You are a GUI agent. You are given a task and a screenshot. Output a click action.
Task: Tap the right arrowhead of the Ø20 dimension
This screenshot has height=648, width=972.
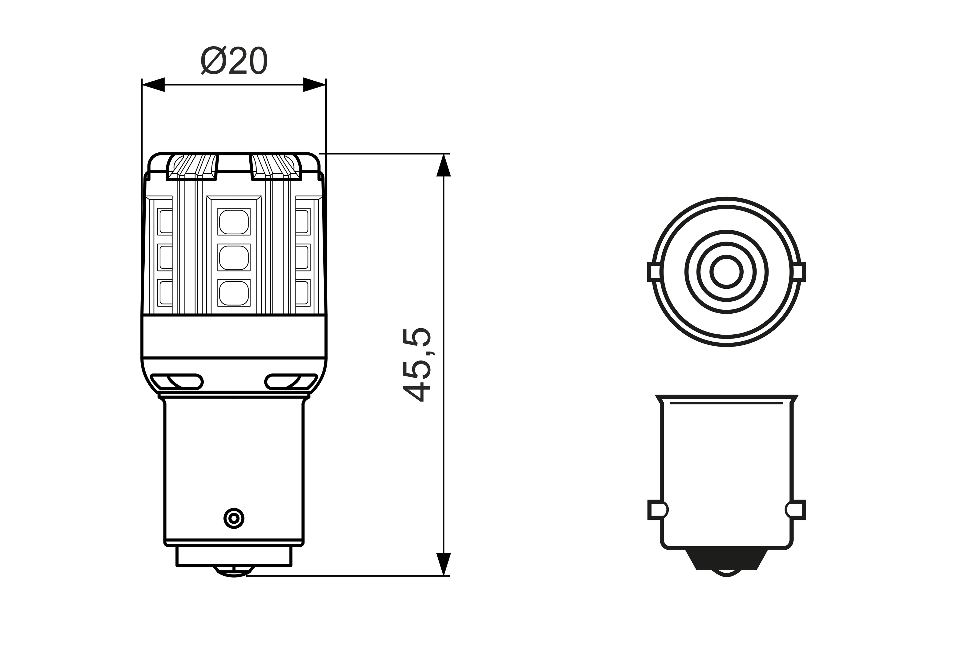(314, 85)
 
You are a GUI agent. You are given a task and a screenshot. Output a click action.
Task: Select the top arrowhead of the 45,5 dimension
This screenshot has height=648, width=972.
(443, 165)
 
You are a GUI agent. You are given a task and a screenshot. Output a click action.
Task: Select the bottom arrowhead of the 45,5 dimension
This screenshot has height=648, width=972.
(443, 564)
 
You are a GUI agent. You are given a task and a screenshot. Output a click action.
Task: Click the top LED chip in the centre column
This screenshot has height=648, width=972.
(234, 222)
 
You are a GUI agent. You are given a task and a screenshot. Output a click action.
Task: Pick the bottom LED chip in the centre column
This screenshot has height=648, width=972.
(234, 293)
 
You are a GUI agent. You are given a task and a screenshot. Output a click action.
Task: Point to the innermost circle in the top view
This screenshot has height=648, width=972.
(727, 272)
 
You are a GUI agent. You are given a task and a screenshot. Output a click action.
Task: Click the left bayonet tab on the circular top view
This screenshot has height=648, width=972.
(654, 272)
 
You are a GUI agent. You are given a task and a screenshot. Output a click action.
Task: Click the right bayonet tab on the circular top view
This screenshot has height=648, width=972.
(799, 272)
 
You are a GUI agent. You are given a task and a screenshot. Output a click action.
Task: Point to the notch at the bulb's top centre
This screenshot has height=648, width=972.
(234, 163)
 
